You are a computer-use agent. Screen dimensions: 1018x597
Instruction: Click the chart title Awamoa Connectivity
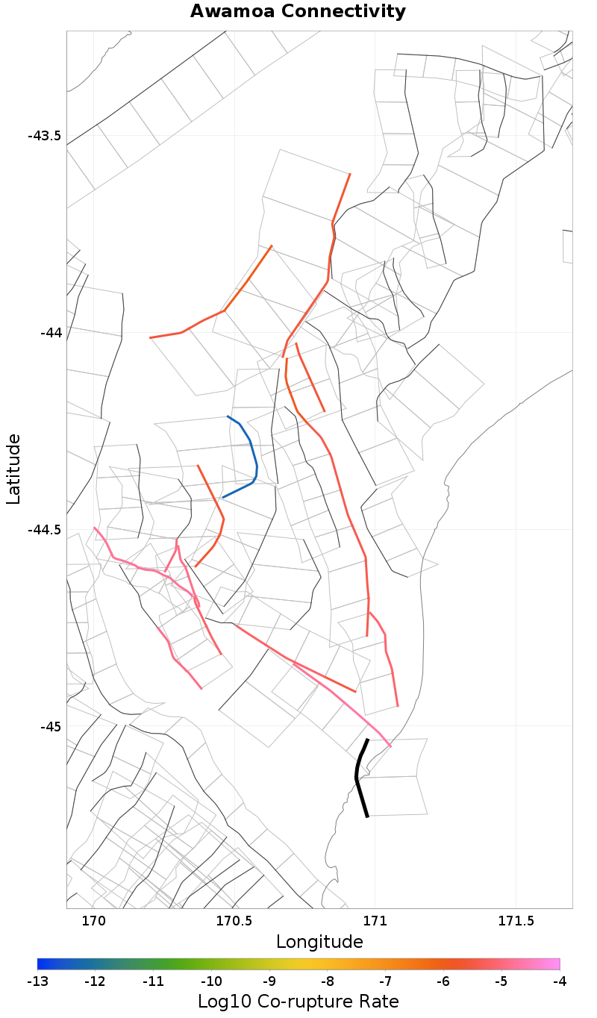pos(298,12)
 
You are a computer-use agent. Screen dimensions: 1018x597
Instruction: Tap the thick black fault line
pos(357,777)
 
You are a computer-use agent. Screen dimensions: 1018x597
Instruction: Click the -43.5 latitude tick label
pos(44,136)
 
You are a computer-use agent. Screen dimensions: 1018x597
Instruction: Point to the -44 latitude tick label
pos(50,333)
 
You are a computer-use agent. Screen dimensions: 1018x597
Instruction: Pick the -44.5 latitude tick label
pos(44,530)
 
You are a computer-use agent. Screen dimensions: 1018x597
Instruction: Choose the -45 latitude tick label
pos(50,726)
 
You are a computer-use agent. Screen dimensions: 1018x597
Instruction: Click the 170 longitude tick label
pos(94,921)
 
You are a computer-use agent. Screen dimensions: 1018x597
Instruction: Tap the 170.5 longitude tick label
pos(234,921)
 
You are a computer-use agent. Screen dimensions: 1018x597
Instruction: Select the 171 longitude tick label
pos(375,921)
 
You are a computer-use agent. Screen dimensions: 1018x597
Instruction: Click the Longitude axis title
pos(319,942)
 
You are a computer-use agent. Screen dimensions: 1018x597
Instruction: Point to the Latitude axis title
pos(13,469)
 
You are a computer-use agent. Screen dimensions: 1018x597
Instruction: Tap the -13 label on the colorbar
pos(37,981)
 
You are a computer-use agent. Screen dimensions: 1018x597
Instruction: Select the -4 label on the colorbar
pos(559,981)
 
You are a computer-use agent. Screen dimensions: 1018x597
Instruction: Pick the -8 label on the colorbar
pos(327,981)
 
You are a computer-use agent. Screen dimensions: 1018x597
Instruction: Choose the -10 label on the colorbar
pos(211,981)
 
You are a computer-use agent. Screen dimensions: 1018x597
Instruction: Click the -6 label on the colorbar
pos(443,981)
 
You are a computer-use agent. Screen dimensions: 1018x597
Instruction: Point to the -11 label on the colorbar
pos(153,981)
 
